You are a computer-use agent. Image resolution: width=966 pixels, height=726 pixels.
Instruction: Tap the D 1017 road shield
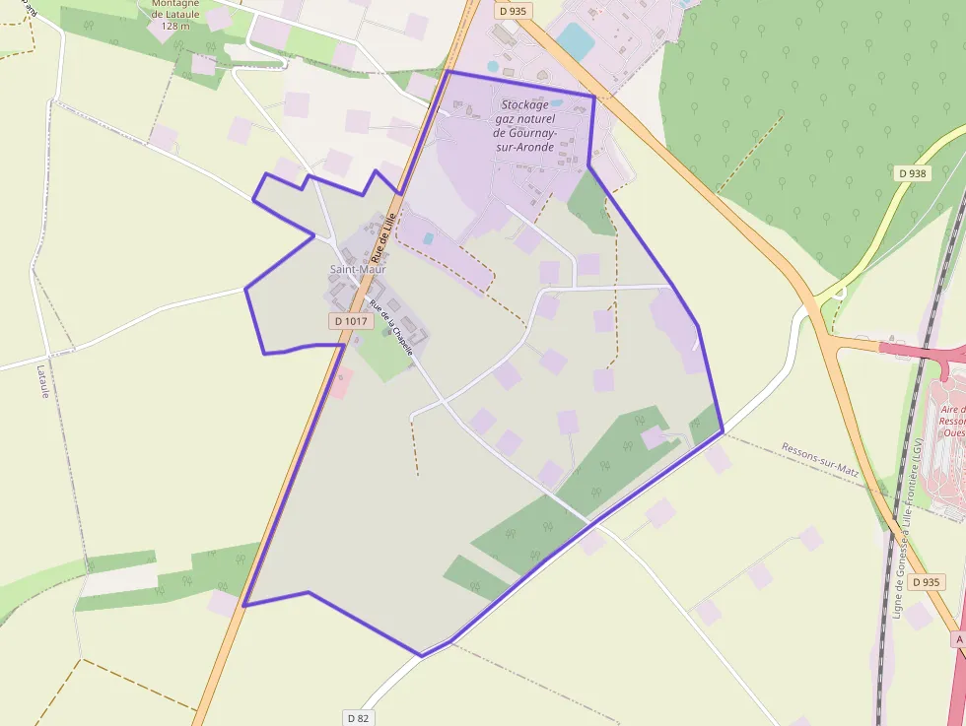tap(350, 321)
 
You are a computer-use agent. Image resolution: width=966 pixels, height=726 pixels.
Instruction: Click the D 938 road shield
tap(913, 173)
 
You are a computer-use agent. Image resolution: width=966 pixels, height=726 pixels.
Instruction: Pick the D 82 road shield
tap(359, 718)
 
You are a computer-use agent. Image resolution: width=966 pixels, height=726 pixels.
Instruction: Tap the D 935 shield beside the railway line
tap(927, 582)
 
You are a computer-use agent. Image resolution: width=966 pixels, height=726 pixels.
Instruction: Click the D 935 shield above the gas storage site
tap(513, 12)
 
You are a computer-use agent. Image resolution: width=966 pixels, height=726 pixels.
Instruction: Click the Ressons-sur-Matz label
tap(820, 460)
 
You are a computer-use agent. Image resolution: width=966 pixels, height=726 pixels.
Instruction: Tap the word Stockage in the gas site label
tap(524, 104)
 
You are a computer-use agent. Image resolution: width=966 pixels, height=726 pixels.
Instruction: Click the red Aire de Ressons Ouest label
tap(952, 420)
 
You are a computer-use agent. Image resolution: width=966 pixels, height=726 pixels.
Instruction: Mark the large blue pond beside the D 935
tap(575, 41)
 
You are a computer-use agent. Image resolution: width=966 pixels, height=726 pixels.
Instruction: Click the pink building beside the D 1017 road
tap(339, 383)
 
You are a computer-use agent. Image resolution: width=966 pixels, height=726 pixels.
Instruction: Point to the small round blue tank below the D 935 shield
tap(494, 67)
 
